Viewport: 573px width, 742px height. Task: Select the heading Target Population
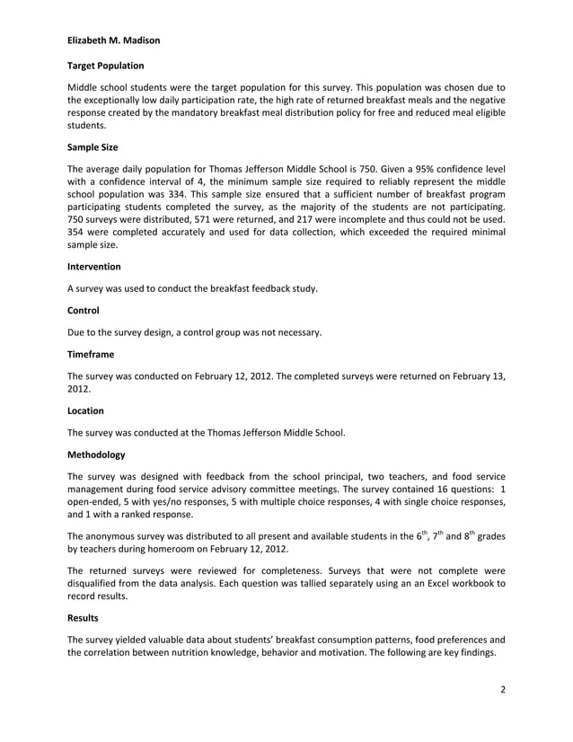[x=106, y=66]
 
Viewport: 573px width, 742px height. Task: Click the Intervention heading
[x=94, y=266]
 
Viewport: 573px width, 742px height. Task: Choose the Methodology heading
[x=97, y=455]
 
